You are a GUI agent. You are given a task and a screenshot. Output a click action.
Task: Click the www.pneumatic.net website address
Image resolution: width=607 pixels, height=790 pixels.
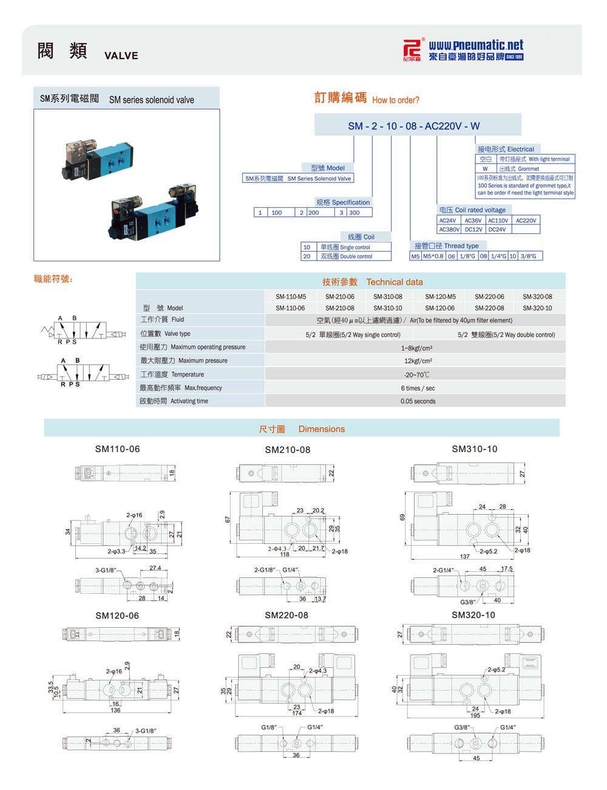[475, 45]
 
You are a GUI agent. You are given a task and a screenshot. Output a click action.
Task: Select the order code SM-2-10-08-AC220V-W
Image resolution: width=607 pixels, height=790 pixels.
[413, 126]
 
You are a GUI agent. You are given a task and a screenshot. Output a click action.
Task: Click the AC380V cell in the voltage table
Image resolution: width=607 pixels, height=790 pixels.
[449, 230]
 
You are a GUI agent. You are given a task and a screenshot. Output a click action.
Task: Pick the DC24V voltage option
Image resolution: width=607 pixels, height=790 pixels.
[497, 230]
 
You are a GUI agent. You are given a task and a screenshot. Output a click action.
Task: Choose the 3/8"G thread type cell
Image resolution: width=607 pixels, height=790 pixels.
[528, 256]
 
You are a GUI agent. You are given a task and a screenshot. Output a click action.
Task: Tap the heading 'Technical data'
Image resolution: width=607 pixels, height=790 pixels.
[395, 282]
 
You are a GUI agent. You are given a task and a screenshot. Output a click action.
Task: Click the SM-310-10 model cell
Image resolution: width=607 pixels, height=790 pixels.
[388, 308]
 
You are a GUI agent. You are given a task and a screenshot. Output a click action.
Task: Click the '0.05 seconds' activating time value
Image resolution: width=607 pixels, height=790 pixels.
[418, 401]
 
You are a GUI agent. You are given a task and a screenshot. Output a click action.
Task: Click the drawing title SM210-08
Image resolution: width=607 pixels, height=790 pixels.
[287, 450]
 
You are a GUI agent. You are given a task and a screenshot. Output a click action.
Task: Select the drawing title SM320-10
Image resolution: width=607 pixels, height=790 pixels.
[473, 615]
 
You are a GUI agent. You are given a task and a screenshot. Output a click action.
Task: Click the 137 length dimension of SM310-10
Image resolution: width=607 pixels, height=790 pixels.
[464, 557]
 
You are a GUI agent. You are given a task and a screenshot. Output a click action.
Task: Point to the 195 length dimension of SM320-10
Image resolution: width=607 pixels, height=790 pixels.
[475, 716]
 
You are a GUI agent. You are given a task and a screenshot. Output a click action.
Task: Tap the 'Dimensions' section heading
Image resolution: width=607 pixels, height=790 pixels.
[321, 429]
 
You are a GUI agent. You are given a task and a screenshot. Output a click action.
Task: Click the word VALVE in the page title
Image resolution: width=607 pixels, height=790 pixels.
[121, 56]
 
